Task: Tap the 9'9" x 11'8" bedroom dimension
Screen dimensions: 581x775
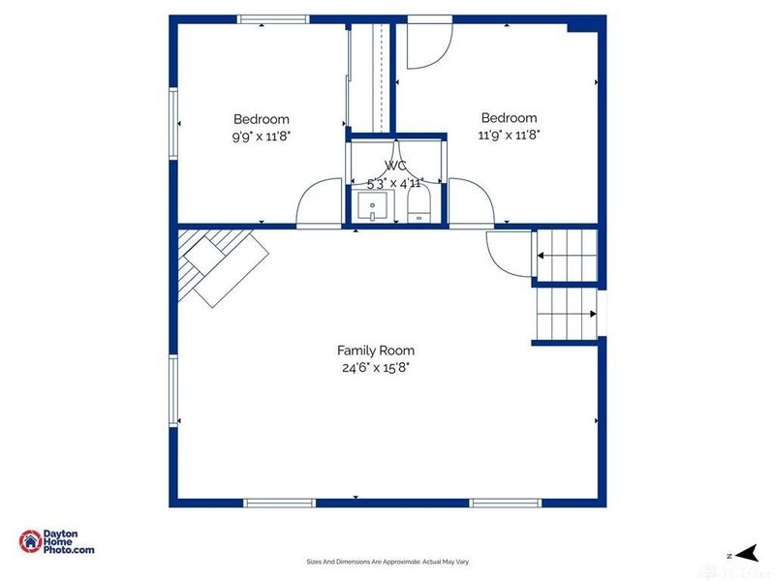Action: [x=261, y=137]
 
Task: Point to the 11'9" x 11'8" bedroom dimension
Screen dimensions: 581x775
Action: [x=509, y=136]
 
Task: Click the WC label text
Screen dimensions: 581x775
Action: [x=395, y=166]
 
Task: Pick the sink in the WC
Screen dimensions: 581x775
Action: [x=372, y=206]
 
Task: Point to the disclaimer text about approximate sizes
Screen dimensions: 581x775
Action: [x=387, y=562]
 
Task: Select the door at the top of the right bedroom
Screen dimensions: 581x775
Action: [x=426, y=46]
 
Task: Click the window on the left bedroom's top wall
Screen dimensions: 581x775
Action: [x=274, y=19]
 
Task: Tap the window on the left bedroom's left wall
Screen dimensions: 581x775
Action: [x=173, y=123]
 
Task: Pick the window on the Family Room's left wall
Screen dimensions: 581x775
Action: [x=173, y=389]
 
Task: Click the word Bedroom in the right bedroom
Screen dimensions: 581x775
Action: [x=509, y=118]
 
